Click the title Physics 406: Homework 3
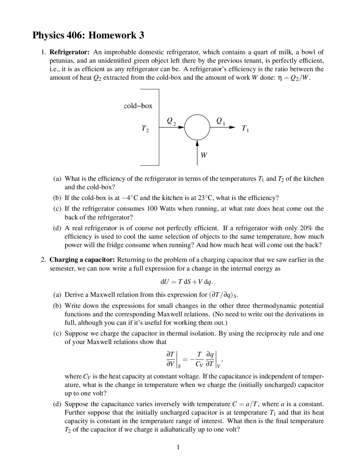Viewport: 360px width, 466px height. [88, 35]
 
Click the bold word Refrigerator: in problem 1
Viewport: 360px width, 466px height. [69, 52]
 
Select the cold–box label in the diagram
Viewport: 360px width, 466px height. [138, 106]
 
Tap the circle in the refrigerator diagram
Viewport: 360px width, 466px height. [197, 127]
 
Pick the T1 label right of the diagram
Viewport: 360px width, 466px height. [245, 129]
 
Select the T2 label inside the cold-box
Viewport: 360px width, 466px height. [145, 129]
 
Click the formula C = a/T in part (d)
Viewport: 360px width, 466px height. [246, 404]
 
